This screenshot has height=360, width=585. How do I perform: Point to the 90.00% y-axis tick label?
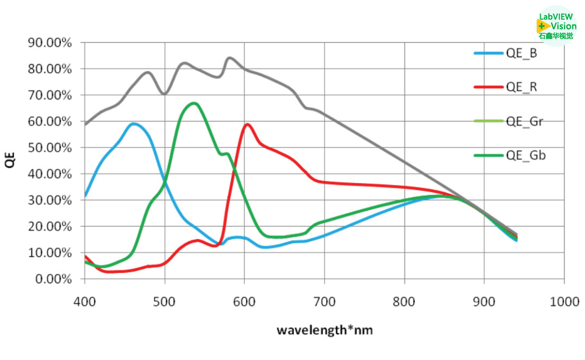click(x=49, y=43)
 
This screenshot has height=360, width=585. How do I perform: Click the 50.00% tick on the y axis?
click(x=49, y=148)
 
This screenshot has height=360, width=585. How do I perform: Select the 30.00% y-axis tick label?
click(x=49, y=201)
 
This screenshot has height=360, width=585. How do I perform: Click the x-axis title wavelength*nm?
click(x=325, y=330)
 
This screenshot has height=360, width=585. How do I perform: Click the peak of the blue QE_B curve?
click(x=134, y=123)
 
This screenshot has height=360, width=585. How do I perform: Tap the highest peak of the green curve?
click(x=194, y=103)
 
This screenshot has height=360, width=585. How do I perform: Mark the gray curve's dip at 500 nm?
click(x=165, y=94)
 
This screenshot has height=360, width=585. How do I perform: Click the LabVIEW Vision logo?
click(x=557, y=26)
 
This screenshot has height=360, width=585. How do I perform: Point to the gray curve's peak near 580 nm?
click(x=230, y=58)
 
